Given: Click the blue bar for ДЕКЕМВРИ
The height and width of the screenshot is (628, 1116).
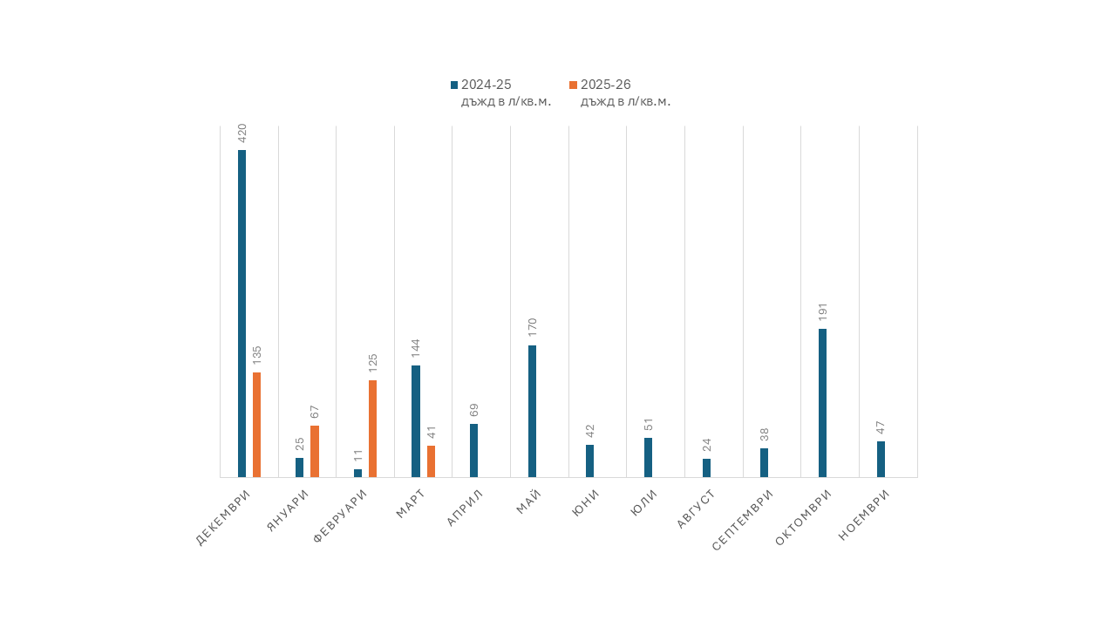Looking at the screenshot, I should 242,313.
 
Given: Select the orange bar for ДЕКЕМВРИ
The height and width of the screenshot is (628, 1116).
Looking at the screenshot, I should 256,425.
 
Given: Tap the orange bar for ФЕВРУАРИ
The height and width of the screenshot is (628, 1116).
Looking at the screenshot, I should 372,428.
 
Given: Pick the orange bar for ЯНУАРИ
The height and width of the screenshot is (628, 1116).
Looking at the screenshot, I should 315,451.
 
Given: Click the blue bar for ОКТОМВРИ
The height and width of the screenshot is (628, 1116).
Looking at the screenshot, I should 822,403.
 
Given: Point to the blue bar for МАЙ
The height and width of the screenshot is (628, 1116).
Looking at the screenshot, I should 532,411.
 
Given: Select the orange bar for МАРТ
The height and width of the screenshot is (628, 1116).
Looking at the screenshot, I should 431,461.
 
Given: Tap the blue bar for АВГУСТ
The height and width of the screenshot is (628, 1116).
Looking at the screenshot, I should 706,468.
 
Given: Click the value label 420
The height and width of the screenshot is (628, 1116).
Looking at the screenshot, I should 242,133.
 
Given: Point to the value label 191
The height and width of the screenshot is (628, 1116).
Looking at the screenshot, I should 822,312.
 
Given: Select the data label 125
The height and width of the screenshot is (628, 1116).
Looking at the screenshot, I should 373,363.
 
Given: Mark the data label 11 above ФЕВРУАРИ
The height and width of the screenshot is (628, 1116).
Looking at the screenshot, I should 358,455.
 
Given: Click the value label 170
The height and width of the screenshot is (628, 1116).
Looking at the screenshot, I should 532,328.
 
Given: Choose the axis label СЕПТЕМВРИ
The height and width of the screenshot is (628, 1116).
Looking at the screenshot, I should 743,520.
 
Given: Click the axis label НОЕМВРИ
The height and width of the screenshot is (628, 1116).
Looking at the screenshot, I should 863,515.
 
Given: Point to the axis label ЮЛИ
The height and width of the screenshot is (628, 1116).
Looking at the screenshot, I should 643,503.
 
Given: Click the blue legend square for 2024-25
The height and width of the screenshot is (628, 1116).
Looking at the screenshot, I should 454,85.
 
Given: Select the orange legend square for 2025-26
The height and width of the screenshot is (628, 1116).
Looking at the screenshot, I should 573,85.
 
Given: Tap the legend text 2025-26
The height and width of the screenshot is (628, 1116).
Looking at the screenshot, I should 606,85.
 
